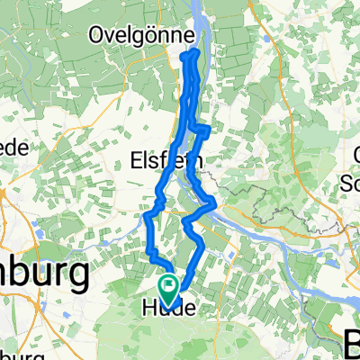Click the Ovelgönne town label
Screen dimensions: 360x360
141,35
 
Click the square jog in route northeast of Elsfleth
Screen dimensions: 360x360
206,130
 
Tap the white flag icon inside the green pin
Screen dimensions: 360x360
168,285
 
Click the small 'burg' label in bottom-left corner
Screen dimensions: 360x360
13,352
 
